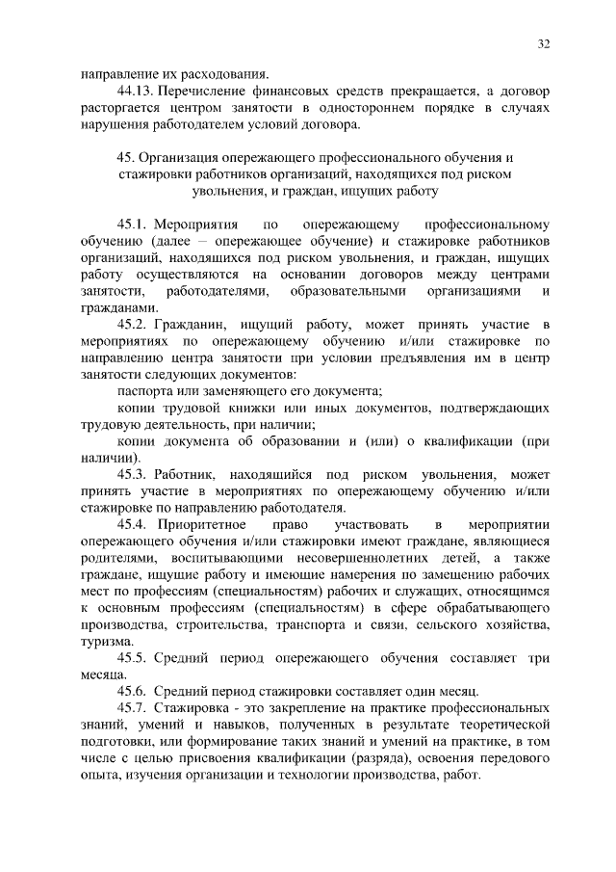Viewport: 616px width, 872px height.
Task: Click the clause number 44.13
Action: point(135,91)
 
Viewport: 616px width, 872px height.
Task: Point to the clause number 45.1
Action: point(134,224)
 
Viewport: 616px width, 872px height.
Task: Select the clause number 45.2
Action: point(134,325)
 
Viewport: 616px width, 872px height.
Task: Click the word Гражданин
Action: point(192,325)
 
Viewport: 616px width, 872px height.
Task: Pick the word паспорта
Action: point(143,391)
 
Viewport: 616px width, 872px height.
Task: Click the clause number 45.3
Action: point(134,475)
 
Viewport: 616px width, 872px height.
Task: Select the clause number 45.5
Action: point(134,659)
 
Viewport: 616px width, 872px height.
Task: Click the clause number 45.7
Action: point(134,710)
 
